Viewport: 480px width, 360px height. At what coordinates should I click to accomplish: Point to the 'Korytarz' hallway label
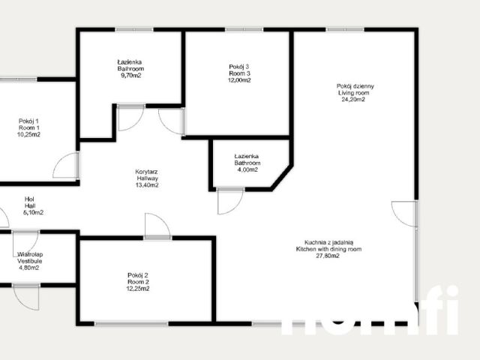(x=146, y=171)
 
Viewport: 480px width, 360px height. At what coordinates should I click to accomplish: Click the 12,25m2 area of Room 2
(x=138, y=289)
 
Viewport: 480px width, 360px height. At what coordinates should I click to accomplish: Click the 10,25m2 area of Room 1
(x=30, y=135)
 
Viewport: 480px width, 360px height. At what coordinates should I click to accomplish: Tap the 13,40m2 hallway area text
(x=146, y=185)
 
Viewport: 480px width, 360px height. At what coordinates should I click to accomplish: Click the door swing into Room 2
(x=157, y=226)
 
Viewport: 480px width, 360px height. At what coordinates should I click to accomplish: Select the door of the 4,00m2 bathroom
(x=228, y=201)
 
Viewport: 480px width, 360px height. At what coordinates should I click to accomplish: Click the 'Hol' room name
(x=30, y=199)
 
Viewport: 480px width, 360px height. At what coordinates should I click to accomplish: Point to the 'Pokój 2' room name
(x=138, y=275)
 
